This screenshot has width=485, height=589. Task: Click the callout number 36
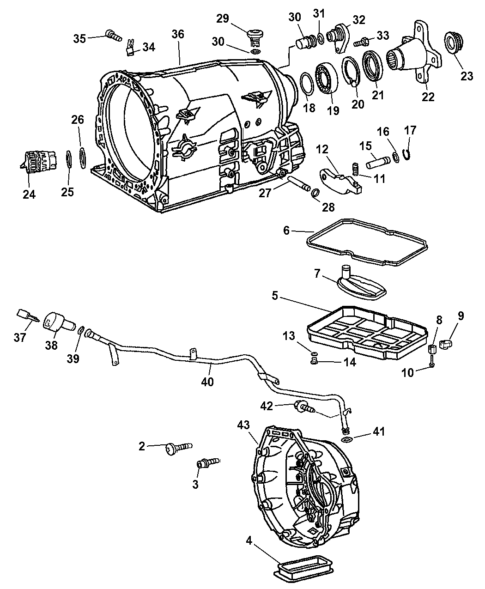click(178, 34)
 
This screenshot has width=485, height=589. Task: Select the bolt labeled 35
click(113, 34)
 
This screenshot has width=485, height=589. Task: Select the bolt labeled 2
click(179, 446)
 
